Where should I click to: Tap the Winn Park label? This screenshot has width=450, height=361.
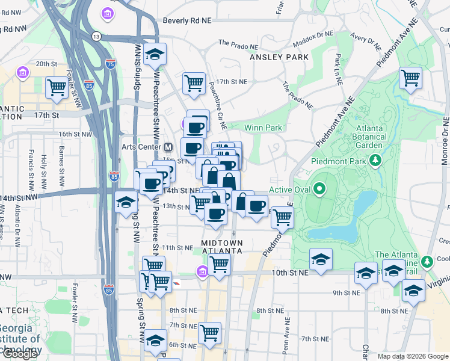tap(263, 128)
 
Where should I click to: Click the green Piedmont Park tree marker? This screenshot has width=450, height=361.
tap(376, 161)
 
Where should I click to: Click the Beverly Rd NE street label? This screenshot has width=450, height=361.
tap(188, 20)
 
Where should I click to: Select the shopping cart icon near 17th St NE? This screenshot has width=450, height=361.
tap(194, 82)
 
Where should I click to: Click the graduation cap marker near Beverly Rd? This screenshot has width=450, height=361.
tap(155, 54)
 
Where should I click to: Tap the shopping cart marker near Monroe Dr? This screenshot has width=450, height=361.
tap(410, 77)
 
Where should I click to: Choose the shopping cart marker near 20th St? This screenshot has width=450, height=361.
tap(57, 86)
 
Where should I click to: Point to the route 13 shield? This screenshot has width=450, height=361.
tap(96, 37)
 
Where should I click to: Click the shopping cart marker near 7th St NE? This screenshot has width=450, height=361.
tap(209, 332)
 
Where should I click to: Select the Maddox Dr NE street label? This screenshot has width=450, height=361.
tap(312, 43)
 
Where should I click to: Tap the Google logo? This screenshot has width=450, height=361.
tap(19, 354)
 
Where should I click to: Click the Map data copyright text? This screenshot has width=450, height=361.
tap(412, 356)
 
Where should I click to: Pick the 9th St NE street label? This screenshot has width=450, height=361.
tap(346, 293)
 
